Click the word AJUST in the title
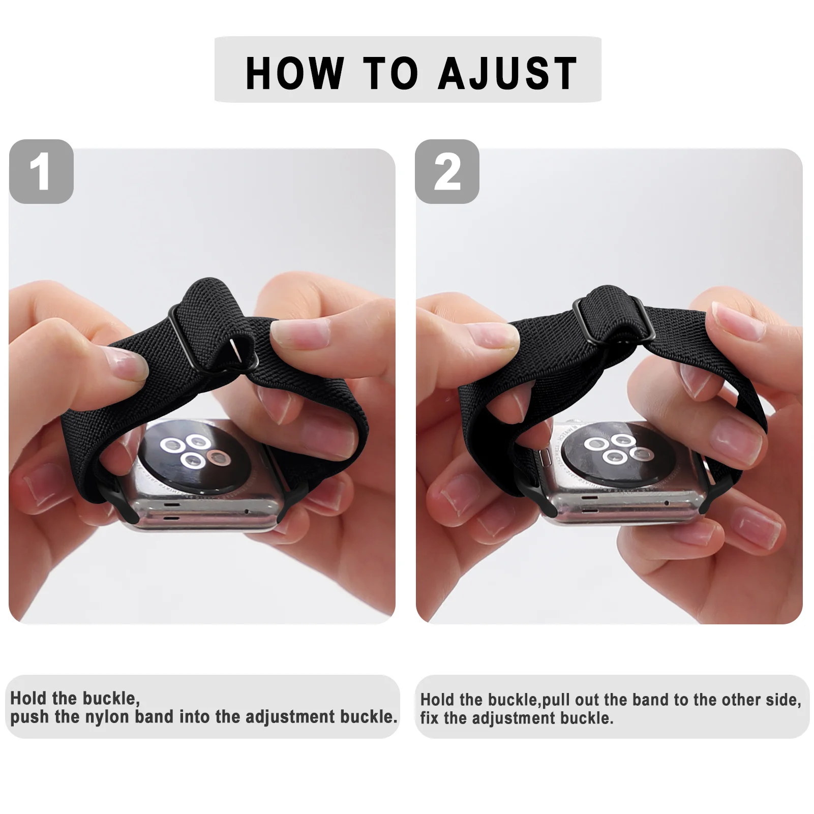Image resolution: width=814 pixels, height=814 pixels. (x=507, y=74)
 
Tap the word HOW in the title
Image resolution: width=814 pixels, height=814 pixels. (x=294, y=74)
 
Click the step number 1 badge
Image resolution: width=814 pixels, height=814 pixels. (x=41, y=172)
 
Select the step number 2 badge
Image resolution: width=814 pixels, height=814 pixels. (x=447, y=172)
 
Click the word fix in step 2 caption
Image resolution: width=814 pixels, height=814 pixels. (x=429, y=718)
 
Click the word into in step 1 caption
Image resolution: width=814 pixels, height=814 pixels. (x=194, y=717)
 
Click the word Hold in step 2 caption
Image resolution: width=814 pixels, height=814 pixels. (x=438, y=700)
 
